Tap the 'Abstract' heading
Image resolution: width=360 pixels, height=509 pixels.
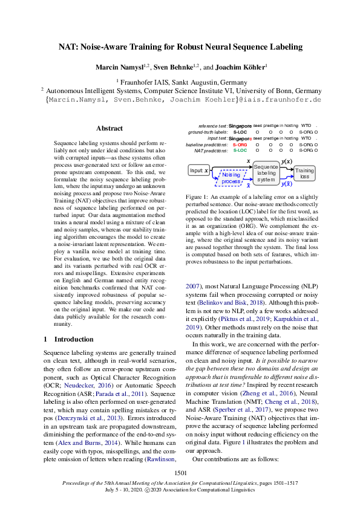[110, 128]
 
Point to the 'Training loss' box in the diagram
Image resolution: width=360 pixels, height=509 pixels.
[305, 173]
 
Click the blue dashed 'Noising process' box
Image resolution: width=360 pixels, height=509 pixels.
[231, 177]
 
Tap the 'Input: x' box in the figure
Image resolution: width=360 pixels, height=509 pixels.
[198, 171]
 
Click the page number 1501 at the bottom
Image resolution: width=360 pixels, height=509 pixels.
[180, 473]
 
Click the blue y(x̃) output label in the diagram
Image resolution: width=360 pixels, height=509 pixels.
[287, 184]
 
